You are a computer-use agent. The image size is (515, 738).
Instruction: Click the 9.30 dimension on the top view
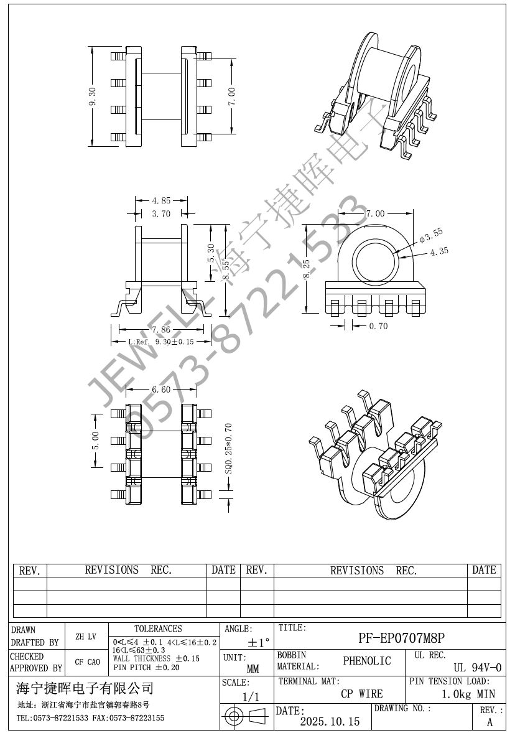[x=93, y=97]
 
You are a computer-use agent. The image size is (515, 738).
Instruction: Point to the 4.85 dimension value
[x=161, y=200]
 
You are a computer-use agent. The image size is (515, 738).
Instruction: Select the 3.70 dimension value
[x=161, y=214]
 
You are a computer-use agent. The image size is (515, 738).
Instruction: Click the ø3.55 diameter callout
[x=431, y=235]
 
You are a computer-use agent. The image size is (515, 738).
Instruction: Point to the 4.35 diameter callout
[x=439, y=251]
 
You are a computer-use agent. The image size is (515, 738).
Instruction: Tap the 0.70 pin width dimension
[x=378, y=325]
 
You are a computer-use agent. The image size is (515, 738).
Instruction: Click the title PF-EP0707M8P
[x=402, y=638]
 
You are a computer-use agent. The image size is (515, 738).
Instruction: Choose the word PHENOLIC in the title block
[x=367, y=661]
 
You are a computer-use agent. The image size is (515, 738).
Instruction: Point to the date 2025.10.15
[x=330, y=722]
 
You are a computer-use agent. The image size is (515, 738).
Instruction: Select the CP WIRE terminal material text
[x=362, y=694]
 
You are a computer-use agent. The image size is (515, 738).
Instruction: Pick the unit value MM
[x=253, y=670]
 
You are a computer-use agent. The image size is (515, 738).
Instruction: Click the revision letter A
[x=489, y=722]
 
